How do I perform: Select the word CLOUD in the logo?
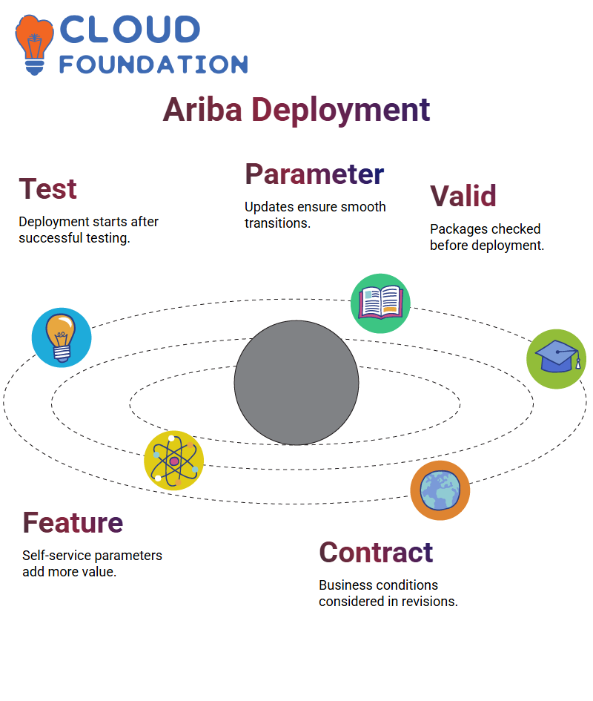[130, 30]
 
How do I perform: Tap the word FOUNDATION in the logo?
[153, 65]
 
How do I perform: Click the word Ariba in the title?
[202, 110]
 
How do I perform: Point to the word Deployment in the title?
[341, 110]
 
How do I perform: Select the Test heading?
[48, 188]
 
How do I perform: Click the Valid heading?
[463, 196]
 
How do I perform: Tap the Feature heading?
[73, 523]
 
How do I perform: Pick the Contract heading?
[376, 552]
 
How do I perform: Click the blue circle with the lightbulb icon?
[62, 338]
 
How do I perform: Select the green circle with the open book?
[380, 303]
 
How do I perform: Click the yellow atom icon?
[174, 461]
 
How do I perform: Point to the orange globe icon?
[440, 490]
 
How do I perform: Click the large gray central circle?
[296, 383]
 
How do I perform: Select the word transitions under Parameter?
[277, 223]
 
